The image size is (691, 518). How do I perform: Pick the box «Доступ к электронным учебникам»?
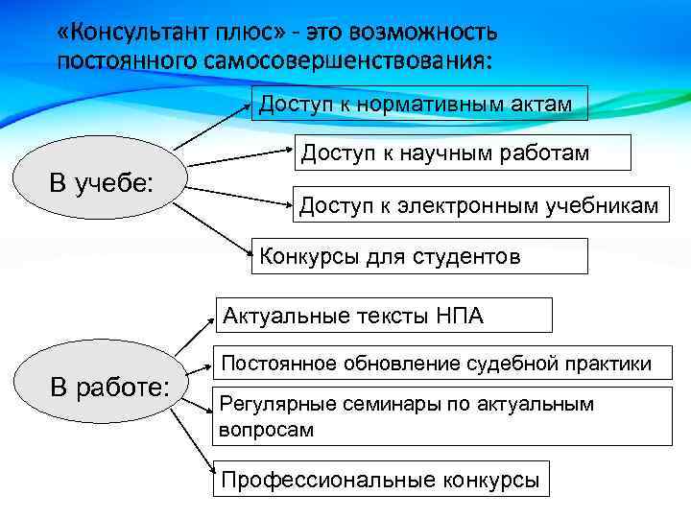(x=478, y=204)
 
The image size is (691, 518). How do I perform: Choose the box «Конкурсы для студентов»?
(x=418, y=255)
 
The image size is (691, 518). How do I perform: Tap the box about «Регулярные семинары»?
(x=442, y=416)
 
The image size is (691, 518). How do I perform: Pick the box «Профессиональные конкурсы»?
(x=382, y=480)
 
